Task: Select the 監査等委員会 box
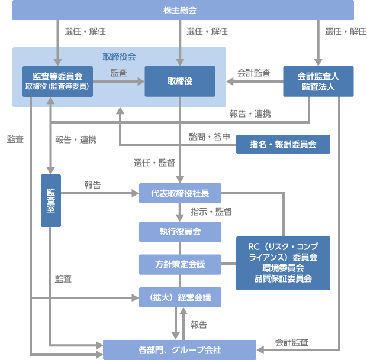pyautogui.click(x=57, y=81)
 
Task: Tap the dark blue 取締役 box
pyautogui.click(x=180, y=81)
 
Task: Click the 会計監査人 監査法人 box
pyautogui.click(x=318, y=81)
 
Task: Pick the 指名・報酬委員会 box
pyautogui.click(x=283, y=144)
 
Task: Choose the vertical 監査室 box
pyautogui.click(x=51, y=200)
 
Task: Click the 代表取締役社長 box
pyautogui.click(x=180, y=193)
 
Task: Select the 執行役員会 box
pyautogui.click(x=180, y=231)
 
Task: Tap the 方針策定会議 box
pyautogui.click(x=180, y=264)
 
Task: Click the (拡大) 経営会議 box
pyautogui.click(x=180, y=297)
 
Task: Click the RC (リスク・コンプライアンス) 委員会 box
pyautogui.click(x=283, y=263)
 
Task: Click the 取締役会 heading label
pyautogui.click(x=119, y=57)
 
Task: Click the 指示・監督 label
pyautogui.click(x=211, y=212)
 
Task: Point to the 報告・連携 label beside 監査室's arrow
pyautogui.click(x=76, y=140)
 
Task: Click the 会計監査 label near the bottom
pyautogui.click(x=291, y=342)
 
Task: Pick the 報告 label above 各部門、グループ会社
pyautogui.click(x=199, y=325)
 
